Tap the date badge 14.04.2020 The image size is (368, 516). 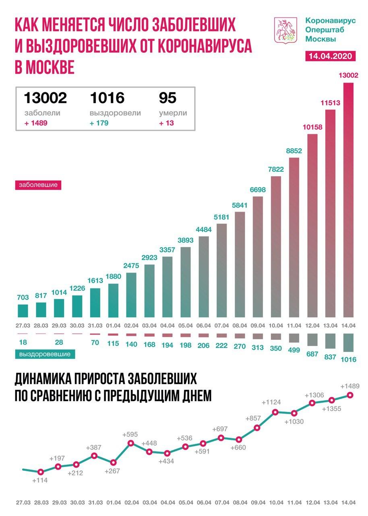pos(331,56)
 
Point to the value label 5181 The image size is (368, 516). pos(221,218)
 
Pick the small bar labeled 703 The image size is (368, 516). pos(23,311)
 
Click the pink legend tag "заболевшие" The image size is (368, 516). pos(38,185)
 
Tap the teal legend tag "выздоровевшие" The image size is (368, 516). pos(45,354)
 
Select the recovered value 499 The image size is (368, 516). pos(294,350)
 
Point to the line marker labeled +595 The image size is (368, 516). pos(131,443)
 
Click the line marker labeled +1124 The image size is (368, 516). pos(276,412)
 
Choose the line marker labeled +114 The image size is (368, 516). pos(40,472)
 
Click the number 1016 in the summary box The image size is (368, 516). pos(107,98)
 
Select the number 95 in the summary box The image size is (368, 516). pos(168,98)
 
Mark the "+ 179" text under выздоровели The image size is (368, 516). pos(99,123)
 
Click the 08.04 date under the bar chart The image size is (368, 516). pos(240,325)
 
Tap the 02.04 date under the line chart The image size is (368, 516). pos(131,502)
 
